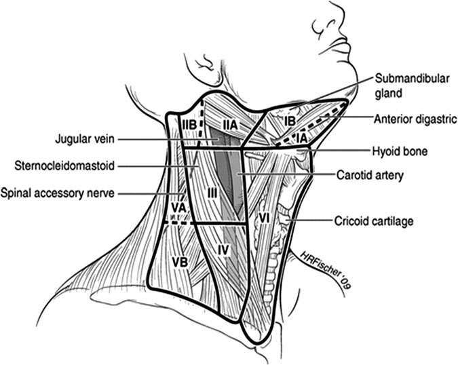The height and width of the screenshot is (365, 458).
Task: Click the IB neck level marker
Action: click(x=290, y=120)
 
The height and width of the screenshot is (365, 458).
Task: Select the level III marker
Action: click(x=212, y=193)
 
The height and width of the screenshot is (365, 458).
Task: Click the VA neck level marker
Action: click(x=178, y=206)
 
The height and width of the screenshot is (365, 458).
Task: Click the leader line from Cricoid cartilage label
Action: click(x=313, y=220)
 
